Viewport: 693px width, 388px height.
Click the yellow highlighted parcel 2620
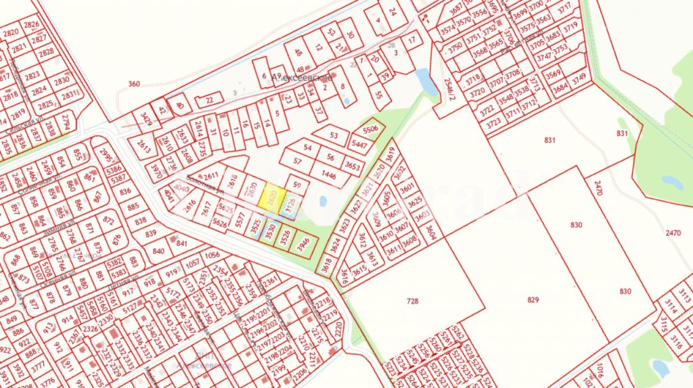[x=273, y=197]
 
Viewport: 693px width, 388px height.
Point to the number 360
[x=134, y=84]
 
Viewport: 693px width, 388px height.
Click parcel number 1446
[x=329, y=175]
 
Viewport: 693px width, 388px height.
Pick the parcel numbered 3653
[x=352, y=164]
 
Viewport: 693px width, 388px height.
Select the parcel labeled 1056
[x=213, y=255]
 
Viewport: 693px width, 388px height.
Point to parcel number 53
[x=333, y=135]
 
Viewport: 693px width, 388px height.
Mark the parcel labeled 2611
[x=211, y=176]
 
